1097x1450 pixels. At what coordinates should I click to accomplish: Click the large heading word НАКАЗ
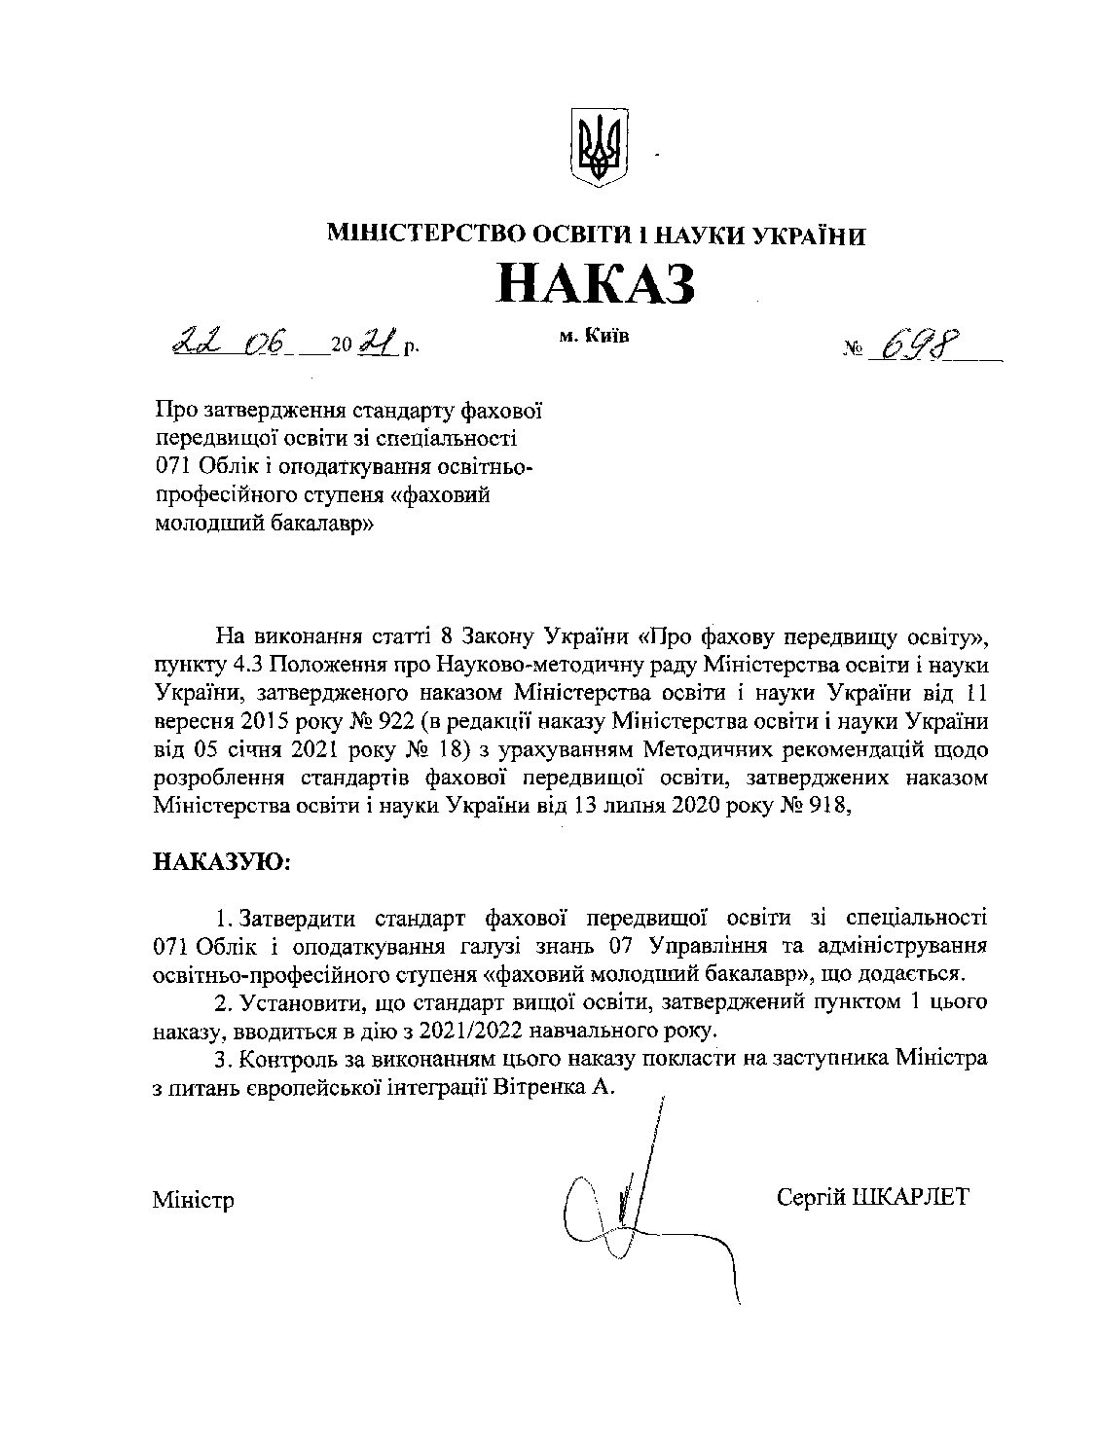(597, 282)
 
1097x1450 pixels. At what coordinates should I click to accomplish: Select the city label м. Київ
(595, 336)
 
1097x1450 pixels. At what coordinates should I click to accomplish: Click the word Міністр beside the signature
(193, 1200)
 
